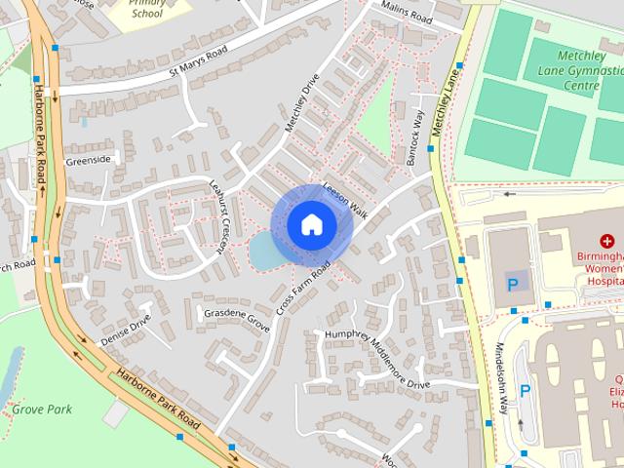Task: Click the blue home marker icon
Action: (311, 224)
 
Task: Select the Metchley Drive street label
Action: (302, 103)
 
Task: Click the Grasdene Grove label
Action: (236, 319)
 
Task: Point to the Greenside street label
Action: (90, 159)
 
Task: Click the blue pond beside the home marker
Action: (261, 253)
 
